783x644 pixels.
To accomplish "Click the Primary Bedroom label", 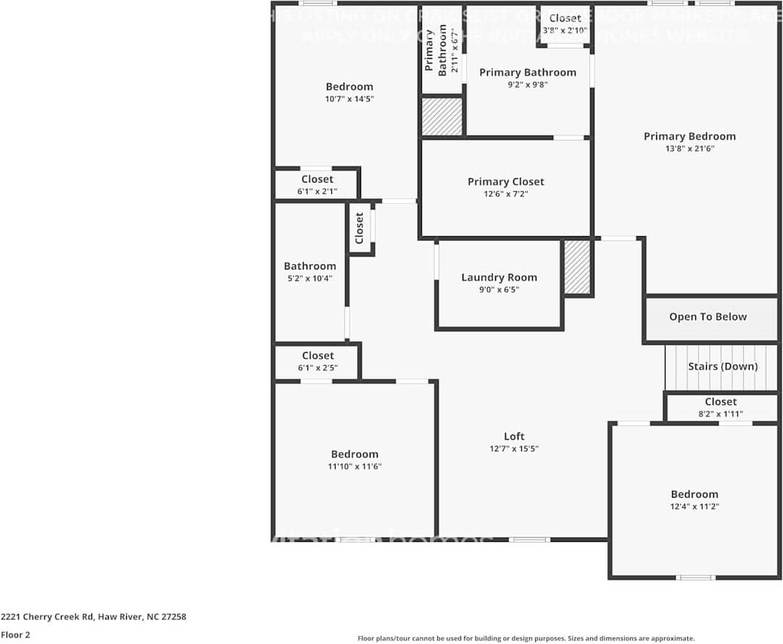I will pos(689,136).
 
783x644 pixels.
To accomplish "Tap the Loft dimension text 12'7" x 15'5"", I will pos(513,448).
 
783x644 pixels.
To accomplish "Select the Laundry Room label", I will pos(499,277).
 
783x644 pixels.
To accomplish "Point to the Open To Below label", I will pos(708,317).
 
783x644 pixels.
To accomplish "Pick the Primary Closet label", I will pos(505,182).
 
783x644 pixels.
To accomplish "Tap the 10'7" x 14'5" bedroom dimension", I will pos(349,99).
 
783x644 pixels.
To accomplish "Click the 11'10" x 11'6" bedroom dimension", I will pos(355,467).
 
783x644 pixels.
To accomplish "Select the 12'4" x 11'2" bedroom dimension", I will pos(694,506).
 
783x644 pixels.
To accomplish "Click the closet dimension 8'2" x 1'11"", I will pos(720,414).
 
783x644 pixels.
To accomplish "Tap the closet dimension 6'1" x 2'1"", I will pos(317,191).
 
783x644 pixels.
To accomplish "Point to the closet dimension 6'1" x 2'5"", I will pos(318,368).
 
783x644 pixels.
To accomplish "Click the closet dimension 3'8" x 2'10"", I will pos(565,30).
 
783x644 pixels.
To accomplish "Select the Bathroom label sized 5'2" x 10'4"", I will pos(310,266).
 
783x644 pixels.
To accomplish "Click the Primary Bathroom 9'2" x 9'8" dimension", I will pos(527,84).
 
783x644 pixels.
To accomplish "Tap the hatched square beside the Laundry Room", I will pos(577,267).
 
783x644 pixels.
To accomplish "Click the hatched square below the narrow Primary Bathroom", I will pos(442,117).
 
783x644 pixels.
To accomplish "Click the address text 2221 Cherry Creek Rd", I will pos(94,617).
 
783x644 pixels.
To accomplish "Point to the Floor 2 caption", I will pos(15,635).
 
